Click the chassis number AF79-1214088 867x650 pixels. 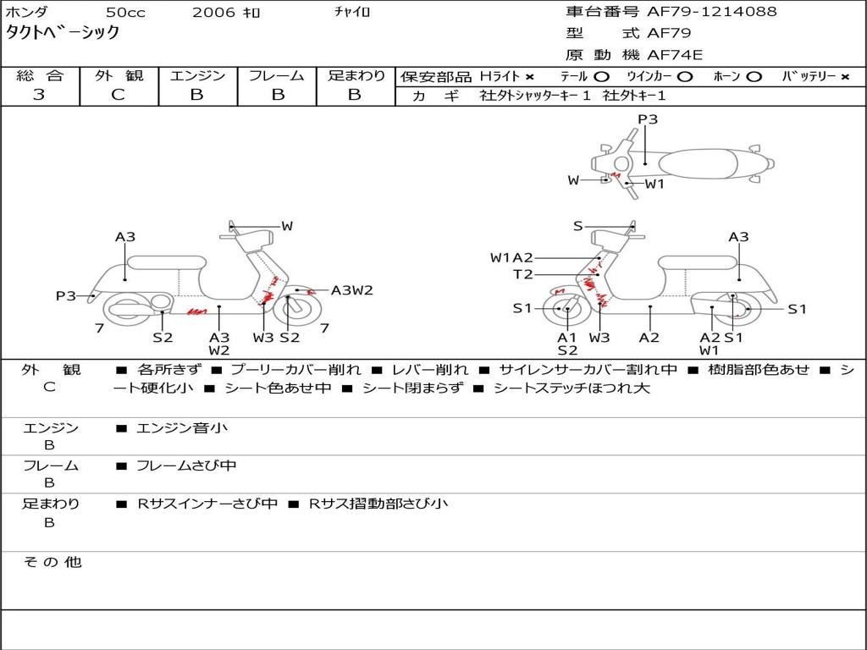(x=711, y=11)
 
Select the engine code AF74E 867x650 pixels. (x=675, y=55)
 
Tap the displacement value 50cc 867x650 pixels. (x=125, y=12)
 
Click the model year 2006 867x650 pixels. (x=213, y=12)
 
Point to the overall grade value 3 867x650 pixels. (x=39, y=95)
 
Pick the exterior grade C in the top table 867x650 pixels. (x=118, y=95)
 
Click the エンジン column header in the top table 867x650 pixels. (x=197, y=75)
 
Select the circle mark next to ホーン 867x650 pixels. (x=754, y=77)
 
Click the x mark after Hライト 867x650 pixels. (x=530, y=77)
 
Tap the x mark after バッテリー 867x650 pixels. (x=845, y=77)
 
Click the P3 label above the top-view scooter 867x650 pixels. (x=648, y=119)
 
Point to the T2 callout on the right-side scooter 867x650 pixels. (x=523, y=274)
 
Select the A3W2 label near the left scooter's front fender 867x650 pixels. (x=352, y=290)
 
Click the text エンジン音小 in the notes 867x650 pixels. (x=182, y=427)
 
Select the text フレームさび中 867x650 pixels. (x=186, y=466)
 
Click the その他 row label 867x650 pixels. (x=52, y=562)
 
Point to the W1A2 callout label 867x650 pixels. (x=512, y=257)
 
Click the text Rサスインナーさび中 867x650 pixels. (x=207, y=504)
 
